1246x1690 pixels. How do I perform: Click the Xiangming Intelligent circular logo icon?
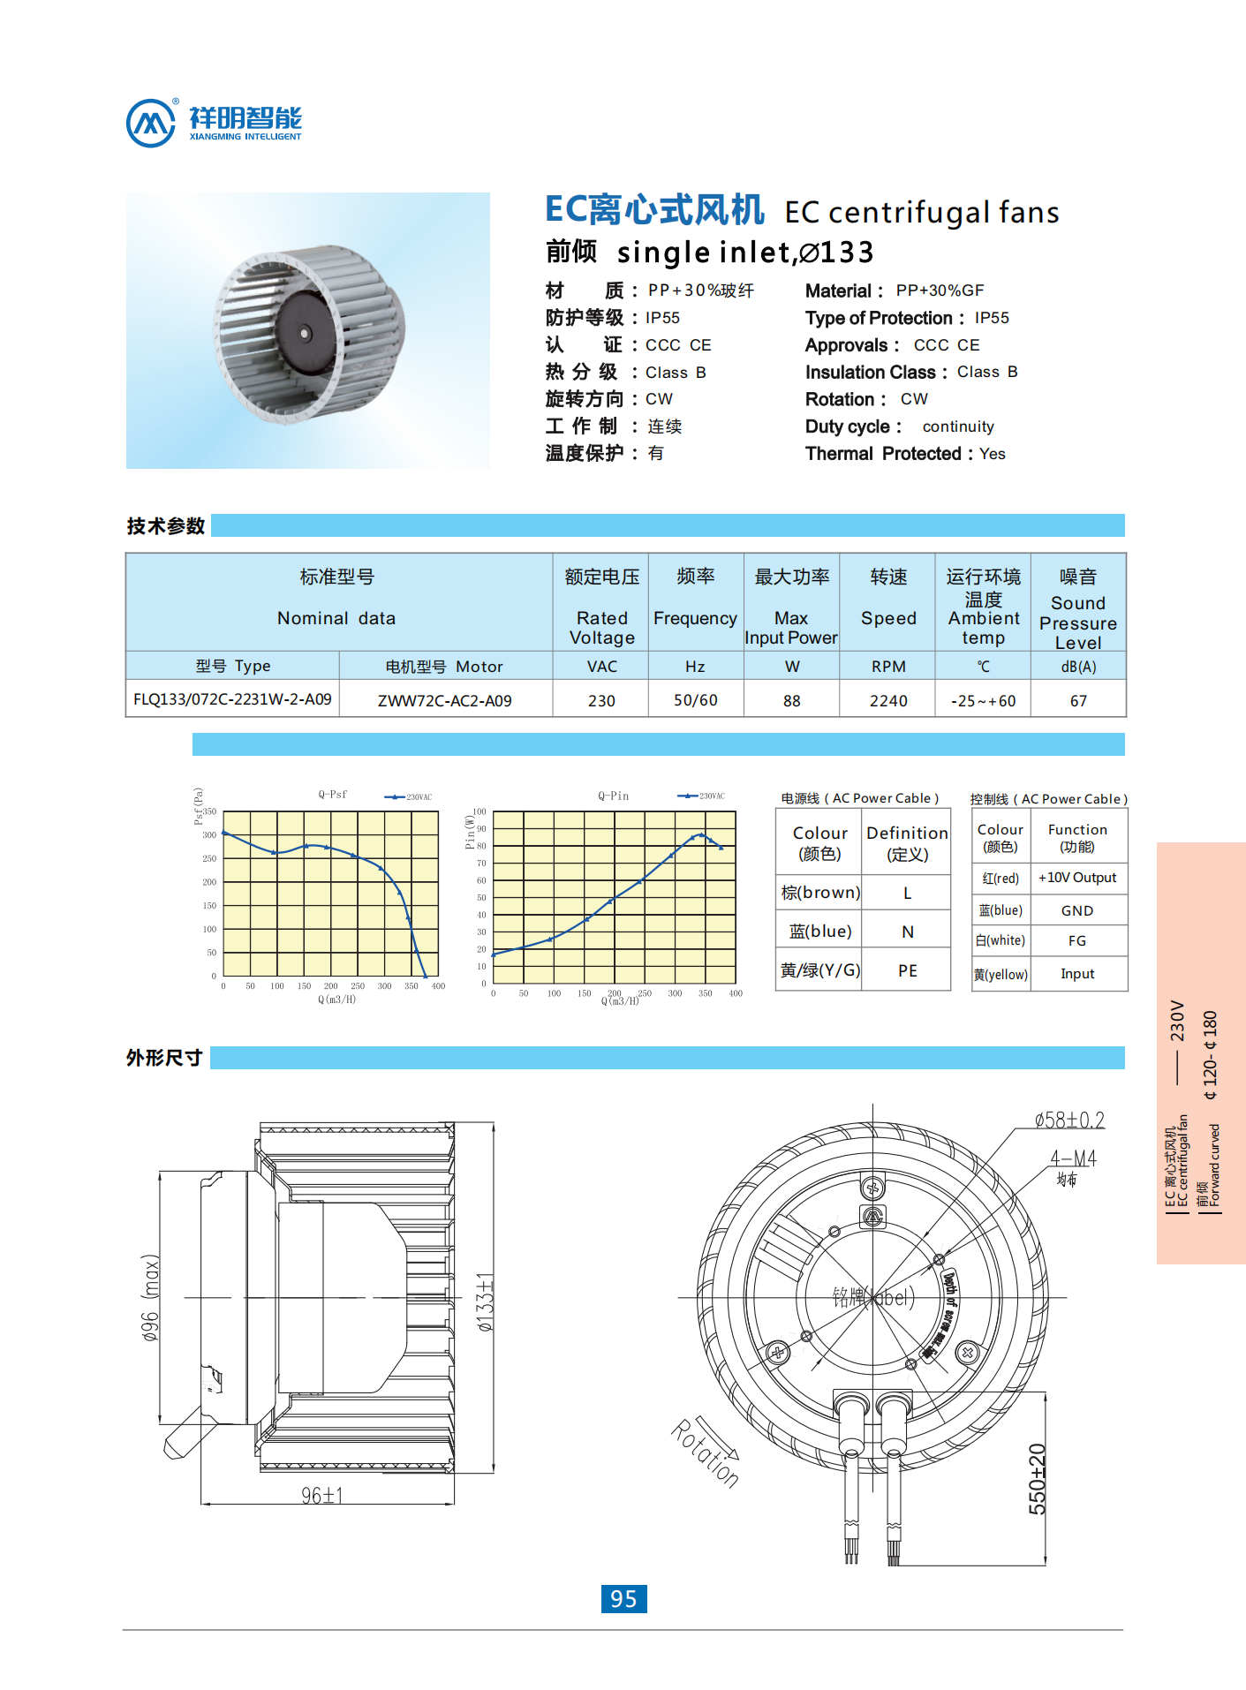tap(151, 123)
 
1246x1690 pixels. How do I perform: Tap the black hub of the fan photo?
tap(306, 333)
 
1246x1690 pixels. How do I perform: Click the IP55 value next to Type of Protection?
tap(992, 318)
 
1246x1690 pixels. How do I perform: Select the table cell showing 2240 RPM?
tap(887, 700)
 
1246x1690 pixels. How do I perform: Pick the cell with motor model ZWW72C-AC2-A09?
tap(445, 700)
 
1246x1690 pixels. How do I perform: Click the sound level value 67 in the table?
tap(1077, 700)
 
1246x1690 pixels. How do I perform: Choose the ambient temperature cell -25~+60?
tap(983, 700)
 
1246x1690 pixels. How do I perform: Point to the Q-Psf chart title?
tap(333, 795)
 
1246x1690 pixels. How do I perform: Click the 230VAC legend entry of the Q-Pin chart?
tap(702, 796)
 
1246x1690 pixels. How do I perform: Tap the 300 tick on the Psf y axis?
tap(209, 834)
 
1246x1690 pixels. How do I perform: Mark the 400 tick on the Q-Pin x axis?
tap(736, 993)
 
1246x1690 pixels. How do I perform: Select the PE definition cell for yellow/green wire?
tap(907, 970)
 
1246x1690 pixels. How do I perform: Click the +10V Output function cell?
tap(1077, 878)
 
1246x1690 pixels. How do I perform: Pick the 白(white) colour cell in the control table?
tap(1001, 940)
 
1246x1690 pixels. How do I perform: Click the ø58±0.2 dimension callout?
tap(1069, 1120)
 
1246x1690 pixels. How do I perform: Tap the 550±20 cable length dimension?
tap(1037, 1478)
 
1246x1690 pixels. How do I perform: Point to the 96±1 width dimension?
tap(321, 1495)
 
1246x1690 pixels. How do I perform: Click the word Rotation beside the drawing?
tap(704, 1453)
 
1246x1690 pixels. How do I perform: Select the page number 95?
tap(623, 1598)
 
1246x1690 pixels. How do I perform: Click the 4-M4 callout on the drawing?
tap(1073, 1158)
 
